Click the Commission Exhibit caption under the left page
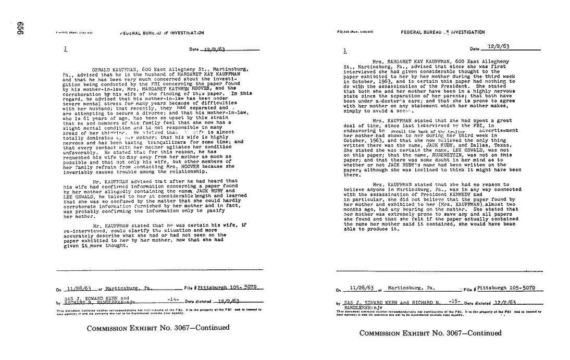[158, 328]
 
